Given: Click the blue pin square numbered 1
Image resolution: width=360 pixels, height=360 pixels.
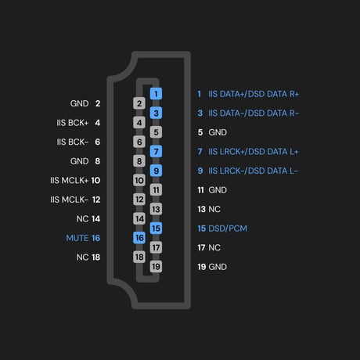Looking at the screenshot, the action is click(156, 94).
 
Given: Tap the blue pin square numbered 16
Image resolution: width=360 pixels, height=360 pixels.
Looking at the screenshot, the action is click(139, 238).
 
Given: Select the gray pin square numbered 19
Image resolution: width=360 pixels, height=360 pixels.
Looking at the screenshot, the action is click(156, 267).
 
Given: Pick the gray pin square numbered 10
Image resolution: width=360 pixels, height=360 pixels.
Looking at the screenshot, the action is click(139, 180).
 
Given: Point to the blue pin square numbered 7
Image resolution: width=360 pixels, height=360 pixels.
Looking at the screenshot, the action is click(156, 151).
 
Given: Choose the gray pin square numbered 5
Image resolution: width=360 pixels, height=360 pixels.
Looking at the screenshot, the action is click(156, 132).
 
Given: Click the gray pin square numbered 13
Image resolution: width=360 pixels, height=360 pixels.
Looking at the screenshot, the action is click(156, 209).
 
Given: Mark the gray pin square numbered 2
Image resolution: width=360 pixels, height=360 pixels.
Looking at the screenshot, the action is click(139, 103).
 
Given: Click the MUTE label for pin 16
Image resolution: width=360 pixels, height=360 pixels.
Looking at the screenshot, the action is click(77, 238).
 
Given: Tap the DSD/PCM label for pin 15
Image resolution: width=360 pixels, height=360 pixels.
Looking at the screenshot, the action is click(228, 229).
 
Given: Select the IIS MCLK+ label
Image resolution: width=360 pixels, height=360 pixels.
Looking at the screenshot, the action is click(70, 180).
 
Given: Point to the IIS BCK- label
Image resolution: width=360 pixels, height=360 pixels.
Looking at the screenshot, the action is click(73, 142).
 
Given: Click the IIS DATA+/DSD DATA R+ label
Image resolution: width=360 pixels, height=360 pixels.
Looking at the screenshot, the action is click(254, 94).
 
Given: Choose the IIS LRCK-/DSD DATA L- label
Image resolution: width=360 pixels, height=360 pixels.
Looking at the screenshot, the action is click(253, 171).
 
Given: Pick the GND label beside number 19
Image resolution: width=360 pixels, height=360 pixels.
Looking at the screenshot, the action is click(218, 267).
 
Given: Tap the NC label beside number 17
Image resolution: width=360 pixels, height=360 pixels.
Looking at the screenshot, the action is click(214, 247).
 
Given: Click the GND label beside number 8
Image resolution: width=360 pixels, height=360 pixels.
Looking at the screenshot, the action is click(80, 161).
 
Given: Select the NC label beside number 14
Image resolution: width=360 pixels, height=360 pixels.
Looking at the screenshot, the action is click(82, 219).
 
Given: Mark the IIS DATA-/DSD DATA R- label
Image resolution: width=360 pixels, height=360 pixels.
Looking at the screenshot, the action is click(254, 113).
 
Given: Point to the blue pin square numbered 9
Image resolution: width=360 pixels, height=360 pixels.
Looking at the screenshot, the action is click(156, 171).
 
